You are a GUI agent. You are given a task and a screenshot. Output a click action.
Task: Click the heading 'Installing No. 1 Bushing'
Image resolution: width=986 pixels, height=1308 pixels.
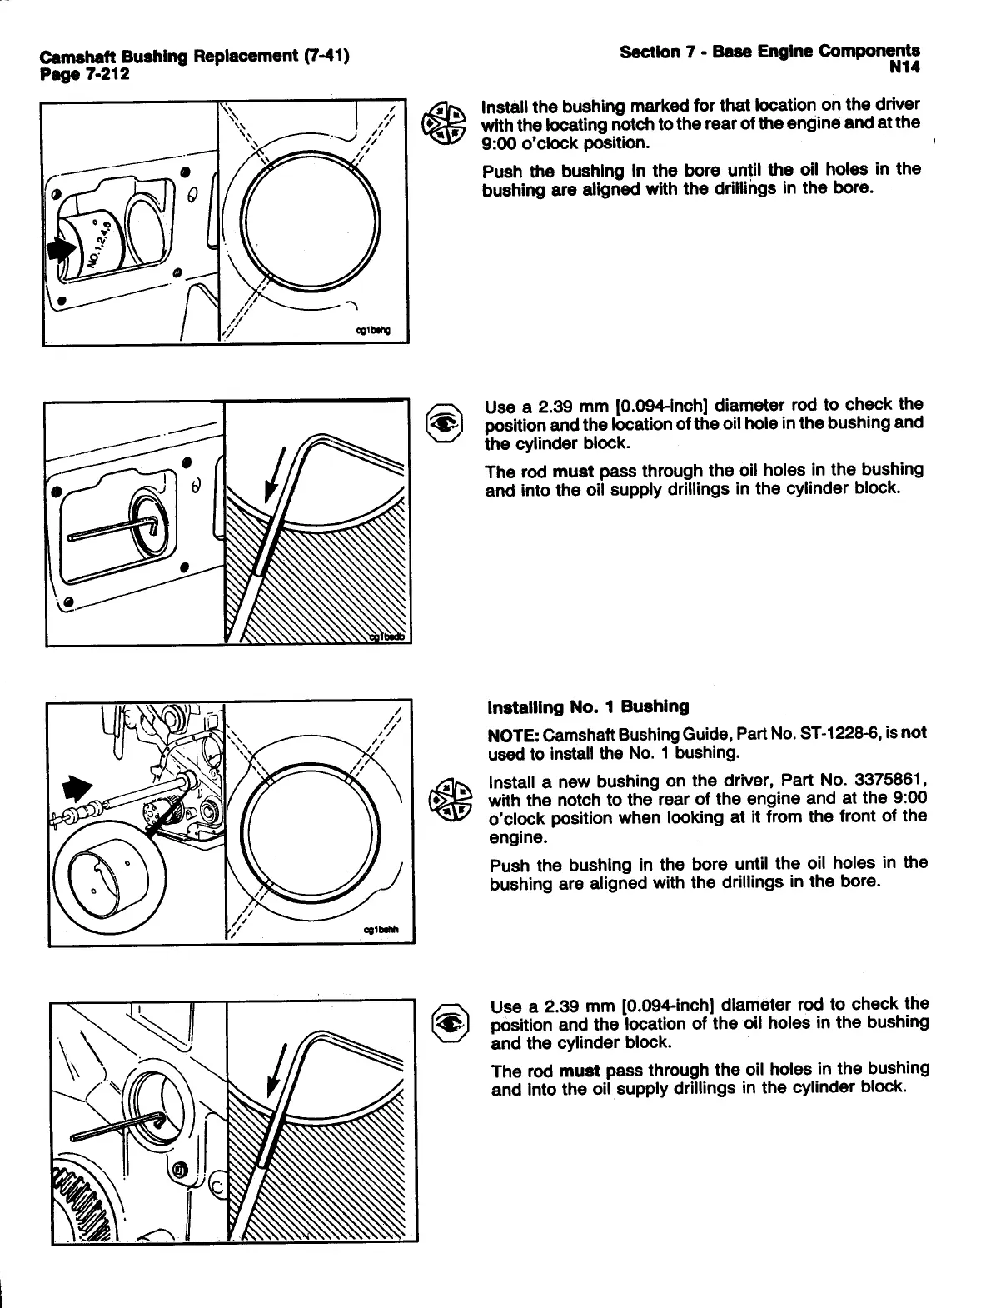coord(588,707)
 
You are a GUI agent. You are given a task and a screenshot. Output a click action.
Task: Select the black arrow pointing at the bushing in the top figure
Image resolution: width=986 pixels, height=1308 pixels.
coord(57,249)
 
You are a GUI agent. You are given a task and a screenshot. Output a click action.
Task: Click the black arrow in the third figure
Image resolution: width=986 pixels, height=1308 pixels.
coord(79,787)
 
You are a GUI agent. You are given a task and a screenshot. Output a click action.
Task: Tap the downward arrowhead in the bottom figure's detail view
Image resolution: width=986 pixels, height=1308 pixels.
coord(270,1088)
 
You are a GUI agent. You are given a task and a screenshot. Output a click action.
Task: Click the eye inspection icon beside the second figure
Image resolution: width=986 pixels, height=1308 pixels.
coord(442,422)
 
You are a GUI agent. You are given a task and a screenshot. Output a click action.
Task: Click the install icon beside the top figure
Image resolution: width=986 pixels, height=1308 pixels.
coord(442,125)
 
